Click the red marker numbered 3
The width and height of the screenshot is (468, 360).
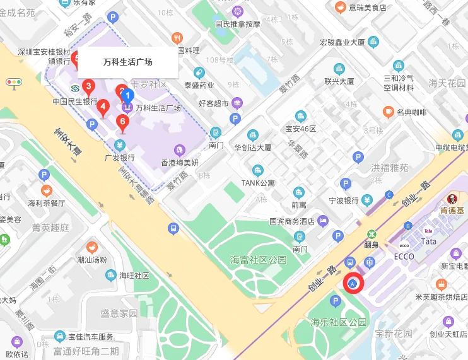coord(89,86)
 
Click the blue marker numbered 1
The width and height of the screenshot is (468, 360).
coord(127,96)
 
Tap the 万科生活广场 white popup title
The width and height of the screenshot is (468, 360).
coord(127,62)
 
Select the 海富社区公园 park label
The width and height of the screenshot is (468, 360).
coord(259,260)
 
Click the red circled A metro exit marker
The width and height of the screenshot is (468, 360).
coord(354,284)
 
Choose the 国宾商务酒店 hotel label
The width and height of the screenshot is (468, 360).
coord(291,221)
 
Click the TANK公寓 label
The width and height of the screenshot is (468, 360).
coord(259,183)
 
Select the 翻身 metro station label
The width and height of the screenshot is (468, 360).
coord(371,244)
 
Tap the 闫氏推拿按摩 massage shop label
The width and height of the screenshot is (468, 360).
coord(238,24)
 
